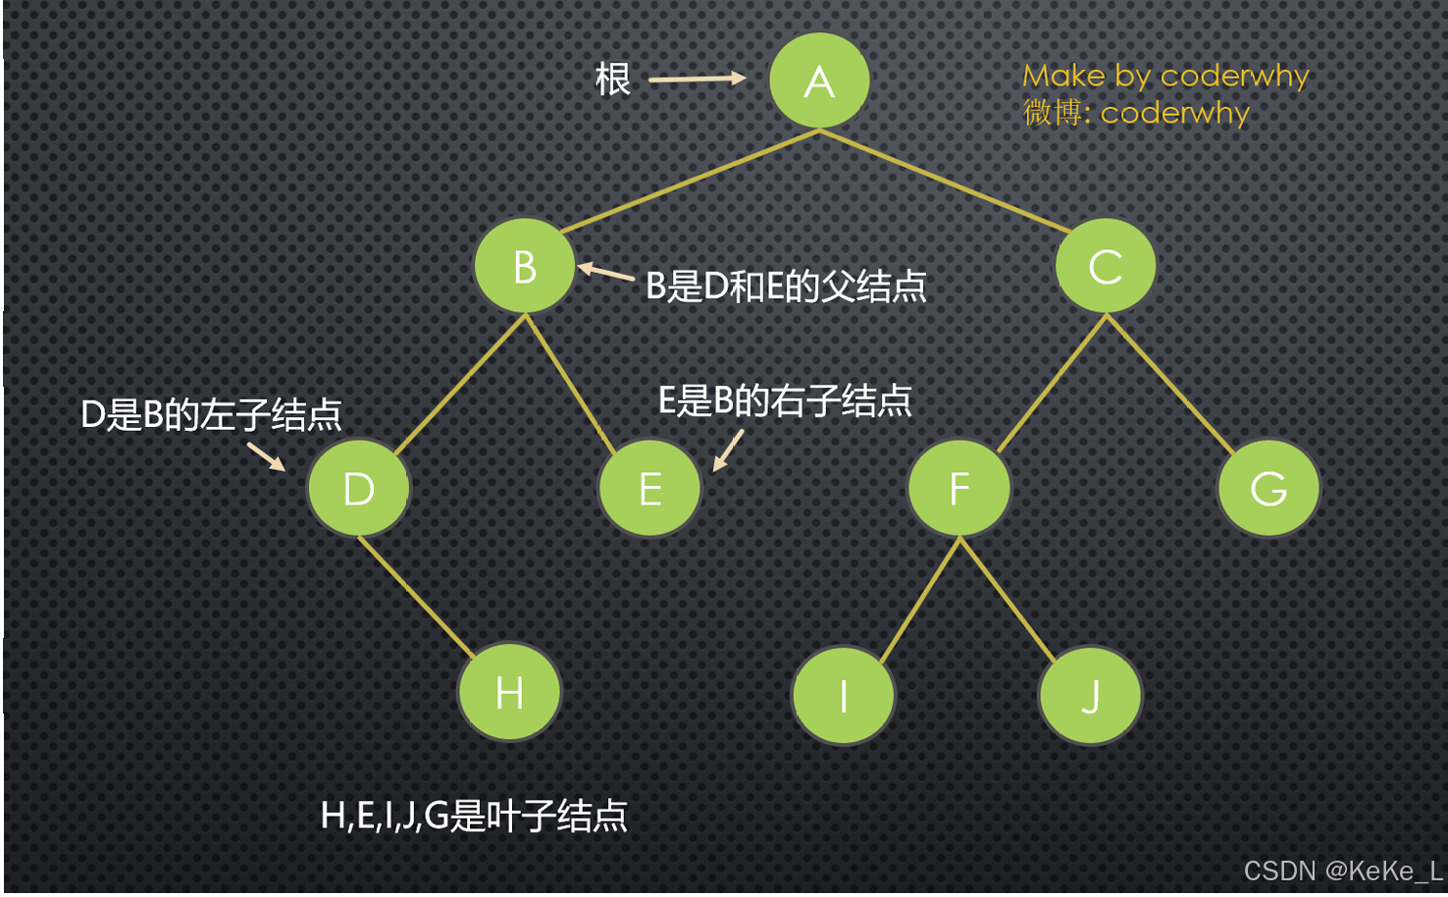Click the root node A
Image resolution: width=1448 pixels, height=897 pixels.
(x=819, y=80)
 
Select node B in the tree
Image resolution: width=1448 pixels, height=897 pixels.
(x=525, y=266)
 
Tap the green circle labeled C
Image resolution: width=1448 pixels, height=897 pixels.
(x=1106, y=266)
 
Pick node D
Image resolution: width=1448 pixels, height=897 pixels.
(x=359, y=488)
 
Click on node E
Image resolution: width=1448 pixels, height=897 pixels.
(x=649, y=488)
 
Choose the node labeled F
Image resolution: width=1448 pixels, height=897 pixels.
(x=959, y=488)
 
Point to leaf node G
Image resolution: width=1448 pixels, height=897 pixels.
(x=1268, y=488)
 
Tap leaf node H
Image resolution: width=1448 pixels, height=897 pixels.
(x=509, y=693)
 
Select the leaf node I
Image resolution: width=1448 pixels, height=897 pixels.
(x=843, y=695)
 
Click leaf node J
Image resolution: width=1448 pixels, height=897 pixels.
(x=1090, y=695)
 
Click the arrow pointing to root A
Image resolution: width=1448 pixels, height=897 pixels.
(x=697, y=79)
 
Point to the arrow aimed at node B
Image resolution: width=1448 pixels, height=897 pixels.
(x=605, y=272)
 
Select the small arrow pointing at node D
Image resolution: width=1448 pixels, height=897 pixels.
(x=266, y=456)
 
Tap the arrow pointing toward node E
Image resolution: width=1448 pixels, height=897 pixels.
(x=728, y=450)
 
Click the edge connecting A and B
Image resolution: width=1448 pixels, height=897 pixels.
(x=687, y=182)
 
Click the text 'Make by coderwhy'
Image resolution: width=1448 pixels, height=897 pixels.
(x=1165, y=76)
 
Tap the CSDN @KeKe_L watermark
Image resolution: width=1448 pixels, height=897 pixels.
(x=1342, y=871)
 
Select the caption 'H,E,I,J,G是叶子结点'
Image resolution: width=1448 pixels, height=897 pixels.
(x=474, y=816)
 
